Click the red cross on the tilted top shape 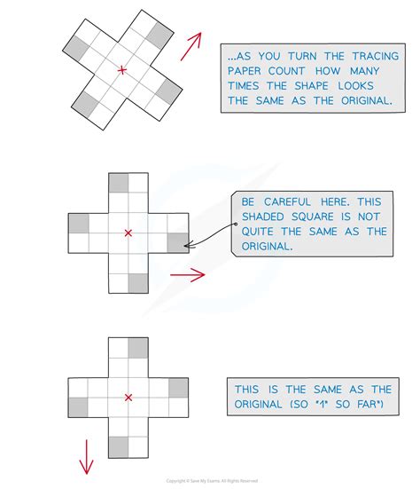(x=121, y=69)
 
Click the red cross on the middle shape (x=128, y=233)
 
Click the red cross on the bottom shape (x=128, y=397)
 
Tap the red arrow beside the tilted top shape (x=191, y=48)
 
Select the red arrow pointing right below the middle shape (x=187, y=275)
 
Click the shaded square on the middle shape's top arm (x=118, y=184)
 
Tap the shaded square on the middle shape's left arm (x=79, y=224)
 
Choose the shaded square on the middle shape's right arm (x=177, y=243)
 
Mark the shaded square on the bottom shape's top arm (x=137, y=347)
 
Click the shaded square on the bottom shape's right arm (x=177, y=387)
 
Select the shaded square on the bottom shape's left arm (x=79, y=406)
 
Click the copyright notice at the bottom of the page (x=209, y=482)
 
